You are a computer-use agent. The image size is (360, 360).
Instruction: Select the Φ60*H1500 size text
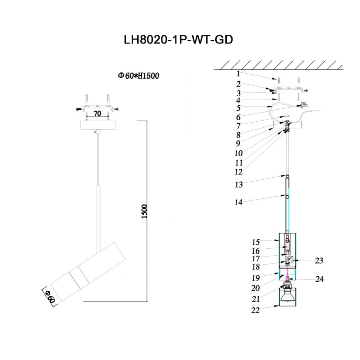point(138,76)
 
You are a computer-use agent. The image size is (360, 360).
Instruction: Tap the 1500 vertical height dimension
point(144,211)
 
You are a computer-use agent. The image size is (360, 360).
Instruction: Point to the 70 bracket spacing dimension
point(97,114)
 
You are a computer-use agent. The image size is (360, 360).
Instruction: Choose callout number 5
point(238,108)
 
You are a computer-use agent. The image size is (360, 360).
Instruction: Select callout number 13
point(238,184)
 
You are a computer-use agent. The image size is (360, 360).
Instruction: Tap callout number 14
point(238,203)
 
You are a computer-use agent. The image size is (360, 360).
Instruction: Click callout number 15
point(255,242)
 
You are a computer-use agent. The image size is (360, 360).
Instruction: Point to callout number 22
point(255,311)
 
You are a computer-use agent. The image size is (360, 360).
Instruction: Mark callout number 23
point(319,261)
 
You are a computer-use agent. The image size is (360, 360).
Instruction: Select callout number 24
point(319,279)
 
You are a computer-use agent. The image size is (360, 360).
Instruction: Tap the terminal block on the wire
point(305,105)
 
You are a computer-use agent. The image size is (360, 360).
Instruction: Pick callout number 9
point(238,143)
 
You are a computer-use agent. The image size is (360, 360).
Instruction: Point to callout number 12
point(238,172)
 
